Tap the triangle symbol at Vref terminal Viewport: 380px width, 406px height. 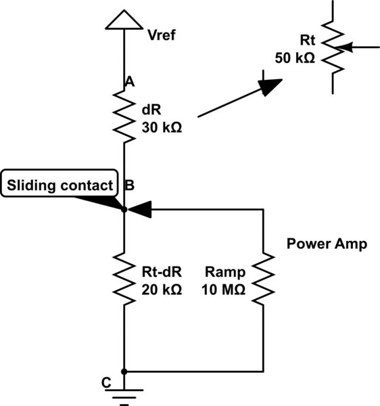124,20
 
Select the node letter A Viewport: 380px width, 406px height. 130,81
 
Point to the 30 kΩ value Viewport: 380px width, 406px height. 162,126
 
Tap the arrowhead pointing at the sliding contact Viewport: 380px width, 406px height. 139,210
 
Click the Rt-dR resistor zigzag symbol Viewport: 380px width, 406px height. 124,277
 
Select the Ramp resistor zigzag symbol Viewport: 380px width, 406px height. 263,277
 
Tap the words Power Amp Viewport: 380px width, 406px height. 327,244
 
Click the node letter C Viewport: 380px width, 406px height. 105,383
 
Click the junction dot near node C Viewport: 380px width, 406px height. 124,371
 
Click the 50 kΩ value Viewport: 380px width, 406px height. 295,58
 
